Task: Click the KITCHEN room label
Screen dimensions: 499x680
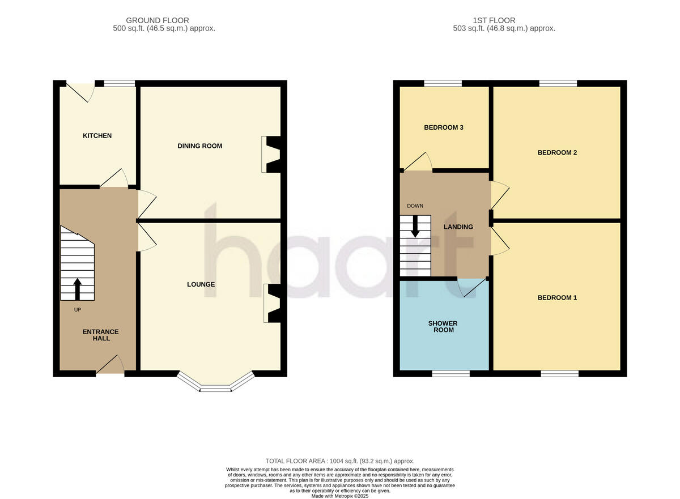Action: tap(97, 136)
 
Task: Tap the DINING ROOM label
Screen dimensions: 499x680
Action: tap(199, 146)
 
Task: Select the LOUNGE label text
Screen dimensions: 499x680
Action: tap(201, 284)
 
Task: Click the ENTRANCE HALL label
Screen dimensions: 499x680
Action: tap(101, 335)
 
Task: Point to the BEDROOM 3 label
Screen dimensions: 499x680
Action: tap(444, 127)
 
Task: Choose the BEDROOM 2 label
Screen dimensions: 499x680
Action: tap(557, 152)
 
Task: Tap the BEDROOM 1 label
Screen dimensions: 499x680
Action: tap(557, 297)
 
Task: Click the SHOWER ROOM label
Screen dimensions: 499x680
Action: tap(443, 326)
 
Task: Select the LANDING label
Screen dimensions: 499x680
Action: tap(458, 227)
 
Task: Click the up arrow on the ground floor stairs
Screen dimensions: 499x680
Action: tap(77, 288)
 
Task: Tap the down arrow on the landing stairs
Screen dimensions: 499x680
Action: tap(415, 227)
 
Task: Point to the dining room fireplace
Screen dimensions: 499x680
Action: tap(270, 154)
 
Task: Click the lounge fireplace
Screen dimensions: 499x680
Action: tap(272, 304)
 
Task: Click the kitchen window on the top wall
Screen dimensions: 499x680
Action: tap(120, 84)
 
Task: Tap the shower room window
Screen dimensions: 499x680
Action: tap(450, 374)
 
